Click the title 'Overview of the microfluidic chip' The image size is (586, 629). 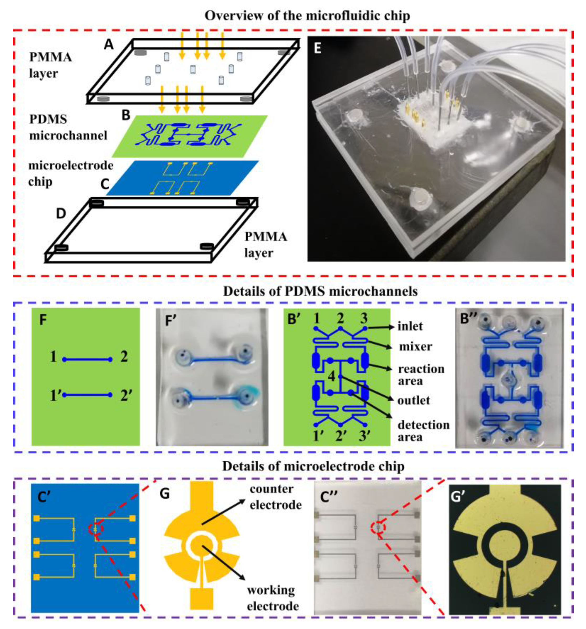pyautogui.click(x=307, y=16)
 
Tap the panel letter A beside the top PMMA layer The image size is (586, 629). pyautogui.click(x=108, y=45)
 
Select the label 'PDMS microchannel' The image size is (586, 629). pyautogui.click(x=68, y=127)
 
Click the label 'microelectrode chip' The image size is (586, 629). pyautogui.click(x=70, y=173)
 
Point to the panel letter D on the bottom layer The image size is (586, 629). pyautogui.click(x=61, y=214)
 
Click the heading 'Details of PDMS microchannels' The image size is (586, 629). pyautogui.click(x=320, y=291)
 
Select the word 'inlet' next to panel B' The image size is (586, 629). pyautogui.click(x=410, y=326)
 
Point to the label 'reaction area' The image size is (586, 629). pyautogui.click(x=421, y=375)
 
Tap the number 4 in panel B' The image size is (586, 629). pyautogui.click(x=331, y=376)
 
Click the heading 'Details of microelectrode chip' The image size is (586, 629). pyautogui.click(x=313, y=467)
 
